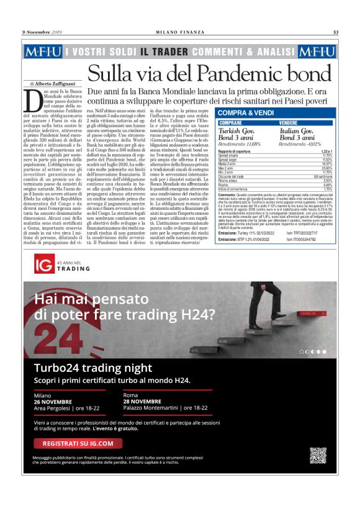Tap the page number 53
(335, 32)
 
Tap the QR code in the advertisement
(318, 455)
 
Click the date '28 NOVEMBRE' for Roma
(142, 401)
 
